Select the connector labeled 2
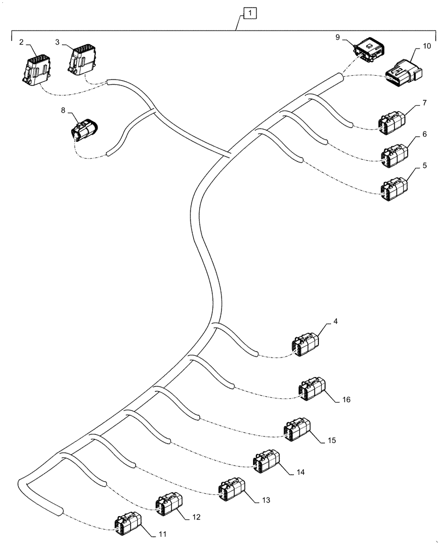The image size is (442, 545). [x=35, y=68]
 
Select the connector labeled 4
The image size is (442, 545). [x=305, y=345]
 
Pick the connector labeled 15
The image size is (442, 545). [x=298, y=429]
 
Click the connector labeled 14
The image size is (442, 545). [x=267, y=461]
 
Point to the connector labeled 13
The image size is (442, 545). [x=232, y=488]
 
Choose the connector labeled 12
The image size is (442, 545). [x=169, y=505]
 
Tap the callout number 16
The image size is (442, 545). [x=346, y=399]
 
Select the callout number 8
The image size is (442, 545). [x=63, y=110]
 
